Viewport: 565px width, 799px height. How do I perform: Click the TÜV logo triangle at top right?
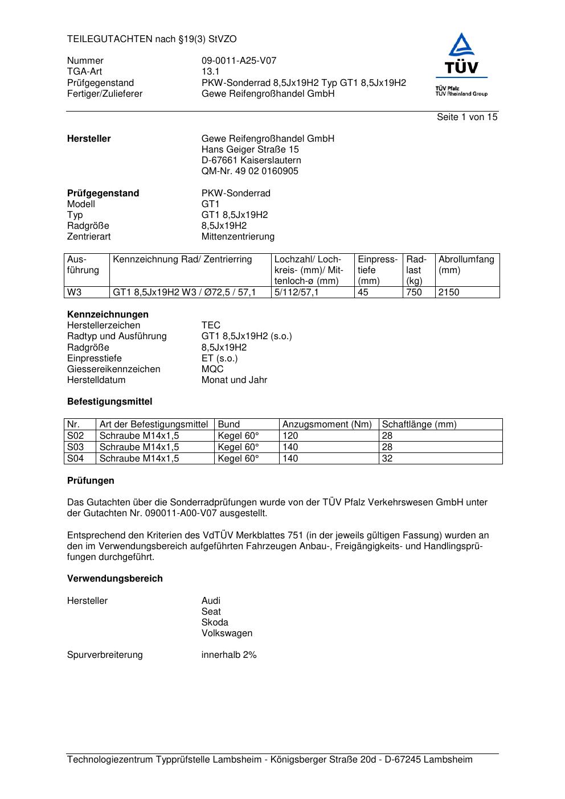[x=461, y=45]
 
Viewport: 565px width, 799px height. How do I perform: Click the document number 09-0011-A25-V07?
[x=239, y=61]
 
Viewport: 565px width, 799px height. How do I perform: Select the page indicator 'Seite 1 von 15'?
[x=467, y=117]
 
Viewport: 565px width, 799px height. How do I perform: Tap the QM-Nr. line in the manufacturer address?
[x=249, y=171]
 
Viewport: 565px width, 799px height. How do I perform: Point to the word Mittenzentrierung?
[x=238, y=237]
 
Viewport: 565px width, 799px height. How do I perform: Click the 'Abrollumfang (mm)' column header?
[x=466, y=265]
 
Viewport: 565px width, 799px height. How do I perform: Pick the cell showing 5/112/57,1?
[x=296, y=293]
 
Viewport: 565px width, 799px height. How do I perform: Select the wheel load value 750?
[x=414, y=293]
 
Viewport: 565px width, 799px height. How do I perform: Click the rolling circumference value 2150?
[x=449, y=293]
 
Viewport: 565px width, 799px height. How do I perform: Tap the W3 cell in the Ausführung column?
[x=75, y=293]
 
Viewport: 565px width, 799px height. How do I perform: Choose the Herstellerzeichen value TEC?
[x=211, y=326]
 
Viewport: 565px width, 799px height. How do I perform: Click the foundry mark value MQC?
[x=212, y=369]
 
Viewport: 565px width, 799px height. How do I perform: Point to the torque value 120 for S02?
[x=290, y=436]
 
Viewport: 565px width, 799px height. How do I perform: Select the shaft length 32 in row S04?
[x=387, y=459]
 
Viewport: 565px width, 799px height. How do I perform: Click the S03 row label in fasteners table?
[x=76, y=447]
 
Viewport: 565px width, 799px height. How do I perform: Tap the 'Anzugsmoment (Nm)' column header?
[x=327, y=425]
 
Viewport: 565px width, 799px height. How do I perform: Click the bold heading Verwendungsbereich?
[x=115, y=579]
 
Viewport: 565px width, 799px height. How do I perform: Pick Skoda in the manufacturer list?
[x=215, y=623]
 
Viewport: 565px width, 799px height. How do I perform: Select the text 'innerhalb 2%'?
[x=229, y=655]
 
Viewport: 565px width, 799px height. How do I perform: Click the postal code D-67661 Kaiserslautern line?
[x=251, y=160]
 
